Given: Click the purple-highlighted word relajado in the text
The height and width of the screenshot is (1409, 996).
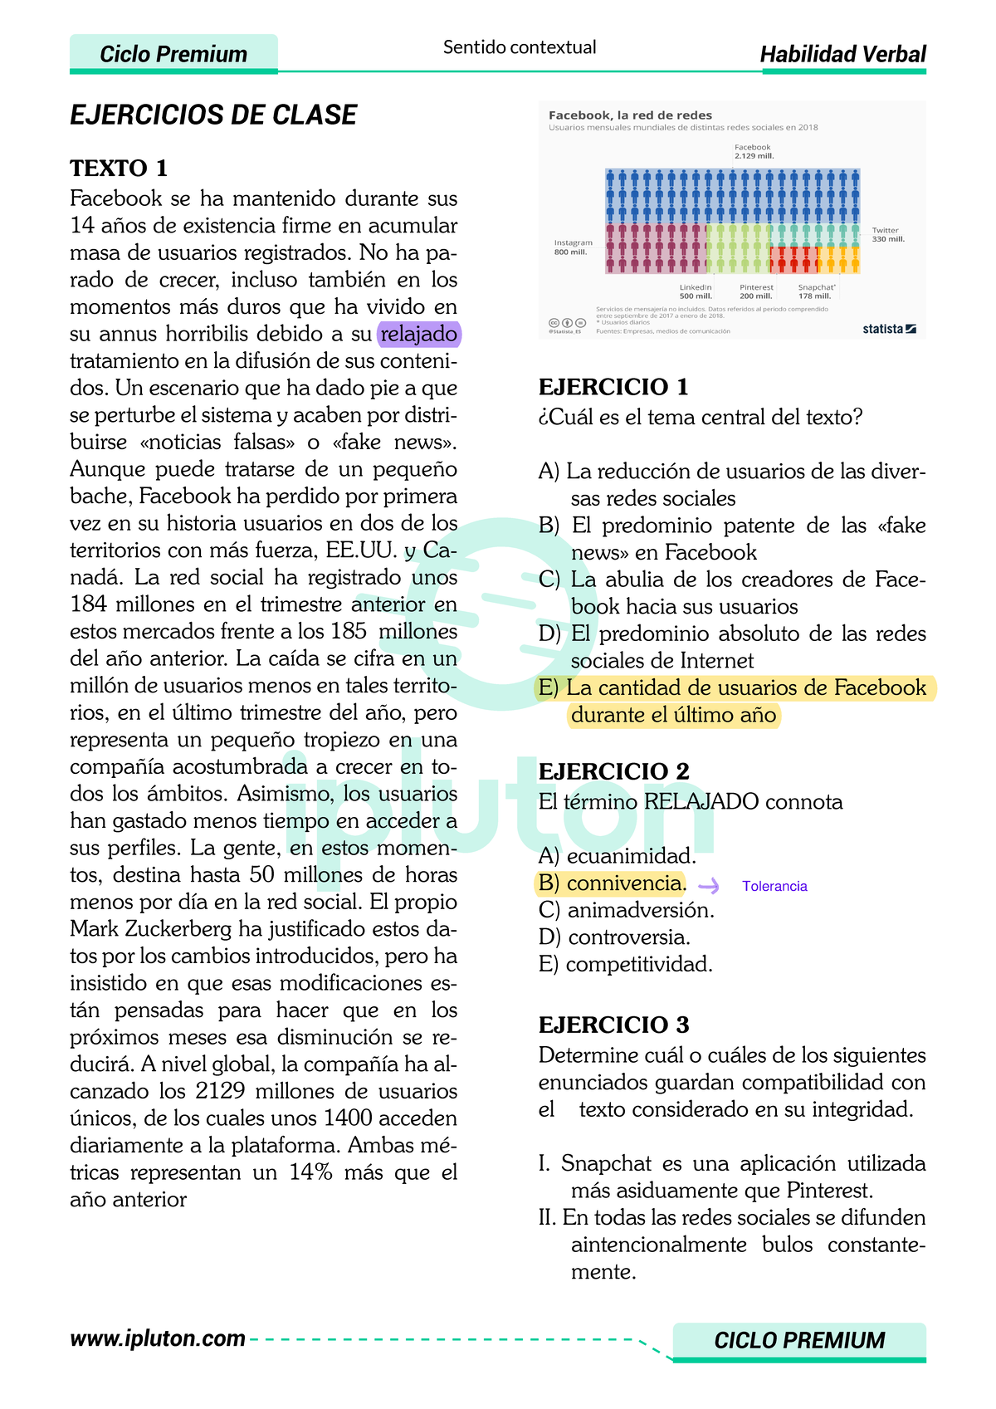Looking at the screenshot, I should point(418,335).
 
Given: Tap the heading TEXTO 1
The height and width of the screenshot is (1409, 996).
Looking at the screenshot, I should point(119,169).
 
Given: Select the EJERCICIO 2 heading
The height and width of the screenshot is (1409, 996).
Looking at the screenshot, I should point(613,771).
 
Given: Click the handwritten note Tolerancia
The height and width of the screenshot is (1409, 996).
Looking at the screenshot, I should point(774,887).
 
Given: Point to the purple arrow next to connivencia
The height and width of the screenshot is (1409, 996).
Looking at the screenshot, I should point(709,886).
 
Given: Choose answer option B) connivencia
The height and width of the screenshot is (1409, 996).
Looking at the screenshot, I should point(612,883).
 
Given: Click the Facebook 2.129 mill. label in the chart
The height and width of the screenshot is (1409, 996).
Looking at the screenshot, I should point(753,152).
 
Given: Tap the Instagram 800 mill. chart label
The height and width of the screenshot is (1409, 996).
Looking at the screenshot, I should point(573,247).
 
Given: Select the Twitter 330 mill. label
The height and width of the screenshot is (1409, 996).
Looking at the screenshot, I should point(887,235).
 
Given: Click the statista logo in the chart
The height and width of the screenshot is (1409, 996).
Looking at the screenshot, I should point(888,329).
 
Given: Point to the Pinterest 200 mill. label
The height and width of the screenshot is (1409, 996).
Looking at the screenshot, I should point(755,291).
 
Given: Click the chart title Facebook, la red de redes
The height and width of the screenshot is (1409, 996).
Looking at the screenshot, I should point(630,115).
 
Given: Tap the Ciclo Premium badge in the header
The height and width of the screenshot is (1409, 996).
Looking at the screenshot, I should point(173,55).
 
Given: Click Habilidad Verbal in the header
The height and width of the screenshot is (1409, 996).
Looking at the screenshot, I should point(842,55).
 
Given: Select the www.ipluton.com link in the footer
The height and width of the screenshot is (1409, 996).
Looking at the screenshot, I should point(158,1338).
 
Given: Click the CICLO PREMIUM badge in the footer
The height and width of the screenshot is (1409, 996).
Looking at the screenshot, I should point(798,1340).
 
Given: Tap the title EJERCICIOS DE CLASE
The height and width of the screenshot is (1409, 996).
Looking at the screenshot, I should point(213,115).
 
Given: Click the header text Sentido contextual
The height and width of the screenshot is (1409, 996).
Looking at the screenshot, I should point(520,47).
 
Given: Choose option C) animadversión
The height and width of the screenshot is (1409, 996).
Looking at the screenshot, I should point(626,911).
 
